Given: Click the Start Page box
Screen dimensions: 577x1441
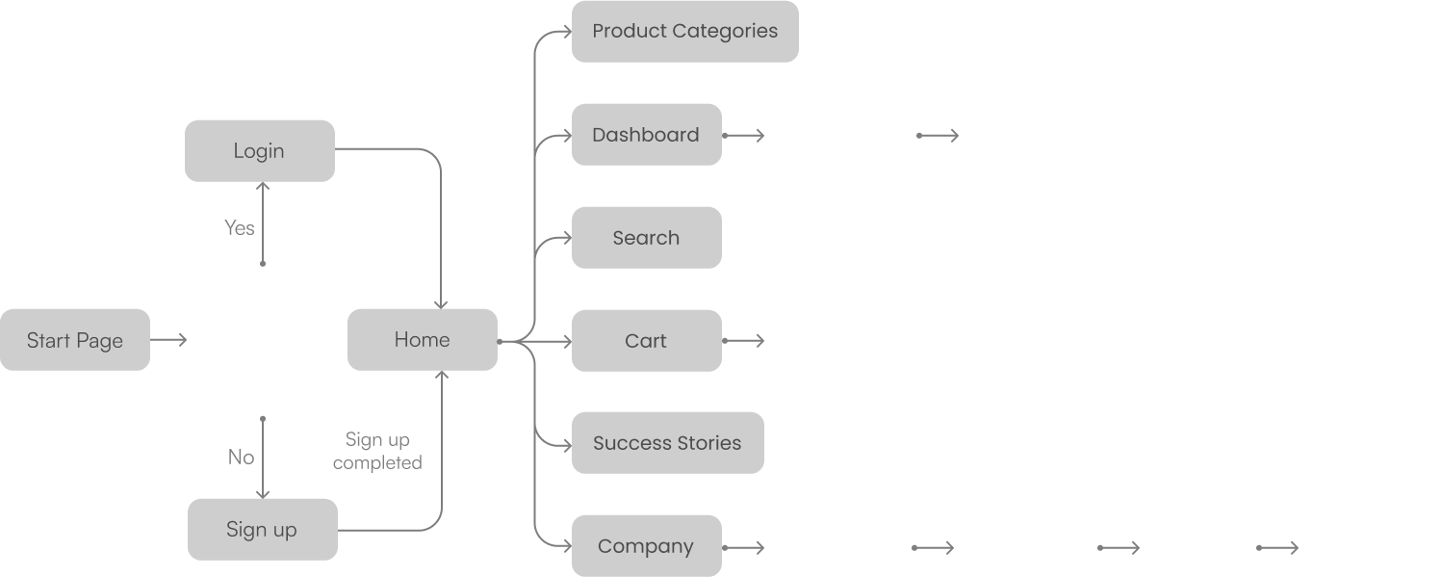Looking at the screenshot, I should [75, 340].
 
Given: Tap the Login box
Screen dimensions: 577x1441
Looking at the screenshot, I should [260, 151].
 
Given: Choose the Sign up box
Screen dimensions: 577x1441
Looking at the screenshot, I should [263, 530].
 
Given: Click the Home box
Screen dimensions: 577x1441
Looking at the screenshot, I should [423, 340].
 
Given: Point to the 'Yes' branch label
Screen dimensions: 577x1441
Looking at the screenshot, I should [240, 228].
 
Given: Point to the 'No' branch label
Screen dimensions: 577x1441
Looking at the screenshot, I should [242, 458].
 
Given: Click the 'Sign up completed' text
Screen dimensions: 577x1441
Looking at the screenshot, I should [377, 452].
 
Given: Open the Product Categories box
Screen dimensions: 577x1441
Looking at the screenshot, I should [685, 32].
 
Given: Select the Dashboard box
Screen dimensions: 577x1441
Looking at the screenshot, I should [647, 135].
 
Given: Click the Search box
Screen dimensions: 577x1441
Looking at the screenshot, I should [647, 238].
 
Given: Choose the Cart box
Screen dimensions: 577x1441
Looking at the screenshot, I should [647, 341].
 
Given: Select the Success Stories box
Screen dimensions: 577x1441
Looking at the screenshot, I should [668, 444].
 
